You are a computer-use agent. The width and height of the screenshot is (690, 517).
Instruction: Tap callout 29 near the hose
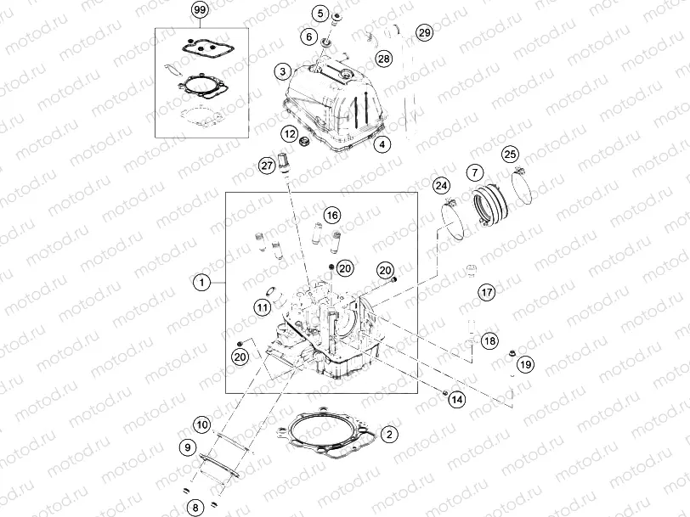tap(425, 33)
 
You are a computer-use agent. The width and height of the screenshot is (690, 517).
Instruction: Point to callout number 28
tap(384, 59)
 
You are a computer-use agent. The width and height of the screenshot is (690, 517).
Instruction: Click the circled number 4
tap(383, 144)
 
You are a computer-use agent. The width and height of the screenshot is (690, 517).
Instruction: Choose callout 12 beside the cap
tap(290, 134)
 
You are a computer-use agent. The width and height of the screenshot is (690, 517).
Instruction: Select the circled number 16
tap(331, 215)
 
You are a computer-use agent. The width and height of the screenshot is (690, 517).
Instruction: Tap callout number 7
tap(474, 173)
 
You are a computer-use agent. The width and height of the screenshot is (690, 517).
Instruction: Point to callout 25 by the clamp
tap(509, 154)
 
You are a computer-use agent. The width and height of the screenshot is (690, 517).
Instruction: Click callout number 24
tap(440, 186)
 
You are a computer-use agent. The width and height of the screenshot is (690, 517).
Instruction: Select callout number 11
tap(263, 306)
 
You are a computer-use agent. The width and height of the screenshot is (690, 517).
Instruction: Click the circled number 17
tap(486, 293)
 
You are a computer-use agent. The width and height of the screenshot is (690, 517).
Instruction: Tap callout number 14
tap(457, 398)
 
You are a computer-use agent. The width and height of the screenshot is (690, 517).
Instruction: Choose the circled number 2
tap(389, 435)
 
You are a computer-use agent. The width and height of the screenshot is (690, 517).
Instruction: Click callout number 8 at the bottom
tap(195, 508)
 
